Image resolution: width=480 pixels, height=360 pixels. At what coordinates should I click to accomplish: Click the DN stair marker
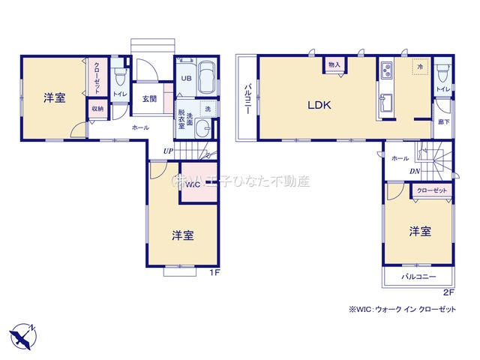click(414, 172)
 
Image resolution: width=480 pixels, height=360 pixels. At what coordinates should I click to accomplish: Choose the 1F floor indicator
click(214, 272)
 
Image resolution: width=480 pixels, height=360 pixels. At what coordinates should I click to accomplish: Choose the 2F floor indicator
click(448, 292)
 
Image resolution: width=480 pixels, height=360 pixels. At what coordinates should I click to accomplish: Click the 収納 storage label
click(97, 109)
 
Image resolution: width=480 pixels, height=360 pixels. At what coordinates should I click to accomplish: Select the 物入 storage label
click(335, 65)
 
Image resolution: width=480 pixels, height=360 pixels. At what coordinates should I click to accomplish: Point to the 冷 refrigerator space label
click(420, 67)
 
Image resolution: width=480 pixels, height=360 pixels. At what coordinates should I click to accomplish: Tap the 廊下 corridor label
click(442, 121)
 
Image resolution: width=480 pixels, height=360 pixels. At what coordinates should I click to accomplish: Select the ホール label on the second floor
click(400, 158)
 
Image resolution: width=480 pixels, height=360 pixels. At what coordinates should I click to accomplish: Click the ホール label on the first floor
click(140, 128)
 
